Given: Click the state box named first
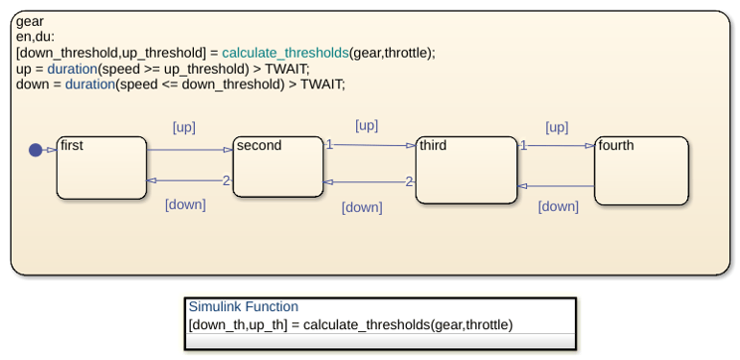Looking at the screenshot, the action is coord(101,168).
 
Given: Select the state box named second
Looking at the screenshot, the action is coord(277,166).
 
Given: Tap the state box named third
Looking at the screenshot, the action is coord(466,170).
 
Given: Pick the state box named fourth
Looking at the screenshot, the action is coord(642,171).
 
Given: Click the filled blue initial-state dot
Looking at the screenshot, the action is coord(36,150).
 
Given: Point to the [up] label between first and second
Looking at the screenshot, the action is coord(184,128).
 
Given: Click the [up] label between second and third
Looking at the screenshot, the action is coord(367,126).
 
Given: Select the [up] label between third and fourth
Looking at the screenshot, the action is coord(557,128).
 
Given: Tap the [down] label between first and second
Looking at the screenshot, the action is coord(185,205).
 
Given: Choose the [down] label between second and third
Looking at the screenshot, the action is coord(362,208).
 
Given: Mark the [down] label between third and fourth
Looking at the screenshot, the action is coord(558,207).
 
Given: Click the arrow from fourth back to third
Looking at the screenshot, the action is coord(556,186).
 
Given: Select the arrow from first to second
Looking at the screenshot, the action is coord(190,150).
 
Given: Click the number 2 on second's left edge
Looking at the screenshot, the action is coord(227,180).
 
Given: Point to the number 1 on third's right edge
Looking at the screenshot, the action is coord(523,146).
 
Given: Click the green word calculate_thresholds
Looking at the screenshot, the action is coord(285,53).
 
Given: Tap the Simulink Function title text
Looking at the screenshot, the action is coord(244,306).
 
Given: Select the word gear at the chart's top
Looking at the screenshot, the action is coord(30,22).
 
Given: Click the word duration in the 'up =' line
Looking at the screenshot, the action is coord(72,69).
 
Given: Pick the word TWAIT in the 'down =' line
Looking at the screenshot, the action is coord(321,85).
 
